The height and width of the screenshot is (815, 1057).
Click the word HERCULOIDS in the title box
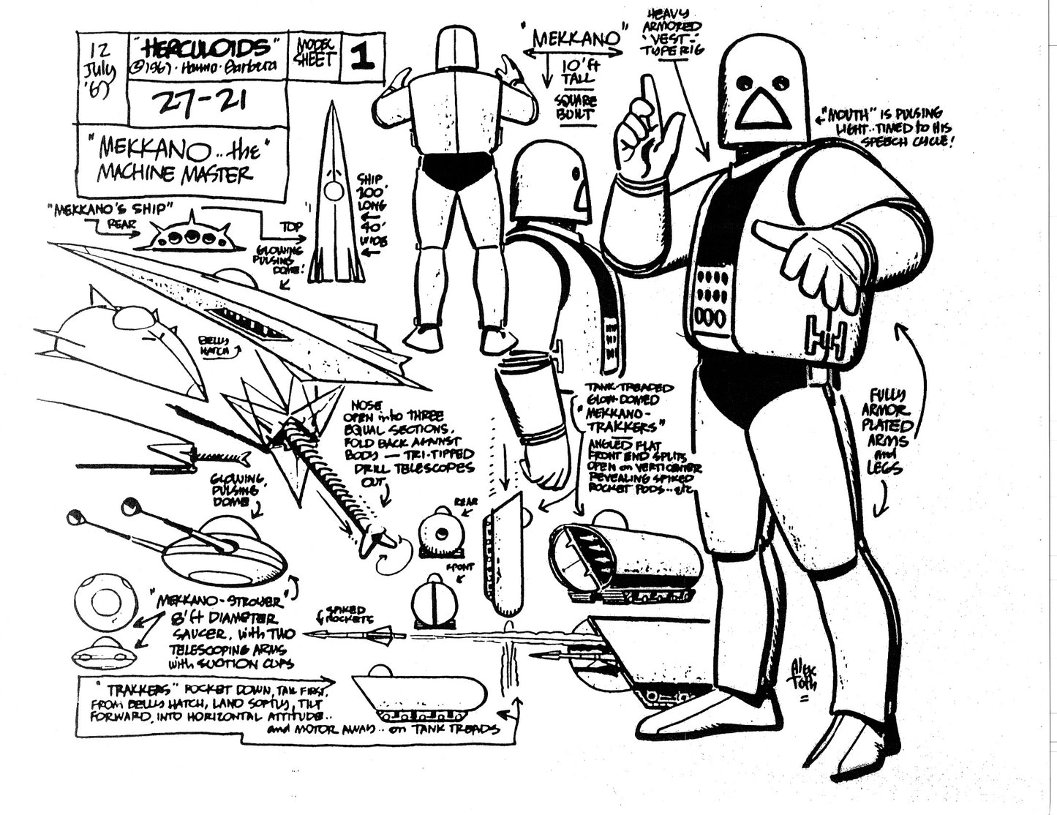click(x=207, y=48)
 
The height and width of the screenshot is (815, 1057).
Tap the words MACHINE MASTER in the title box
click(x=189, y=173)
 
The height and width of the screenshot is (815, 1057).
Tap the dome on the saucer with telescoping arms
click(x=222, y=542)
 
